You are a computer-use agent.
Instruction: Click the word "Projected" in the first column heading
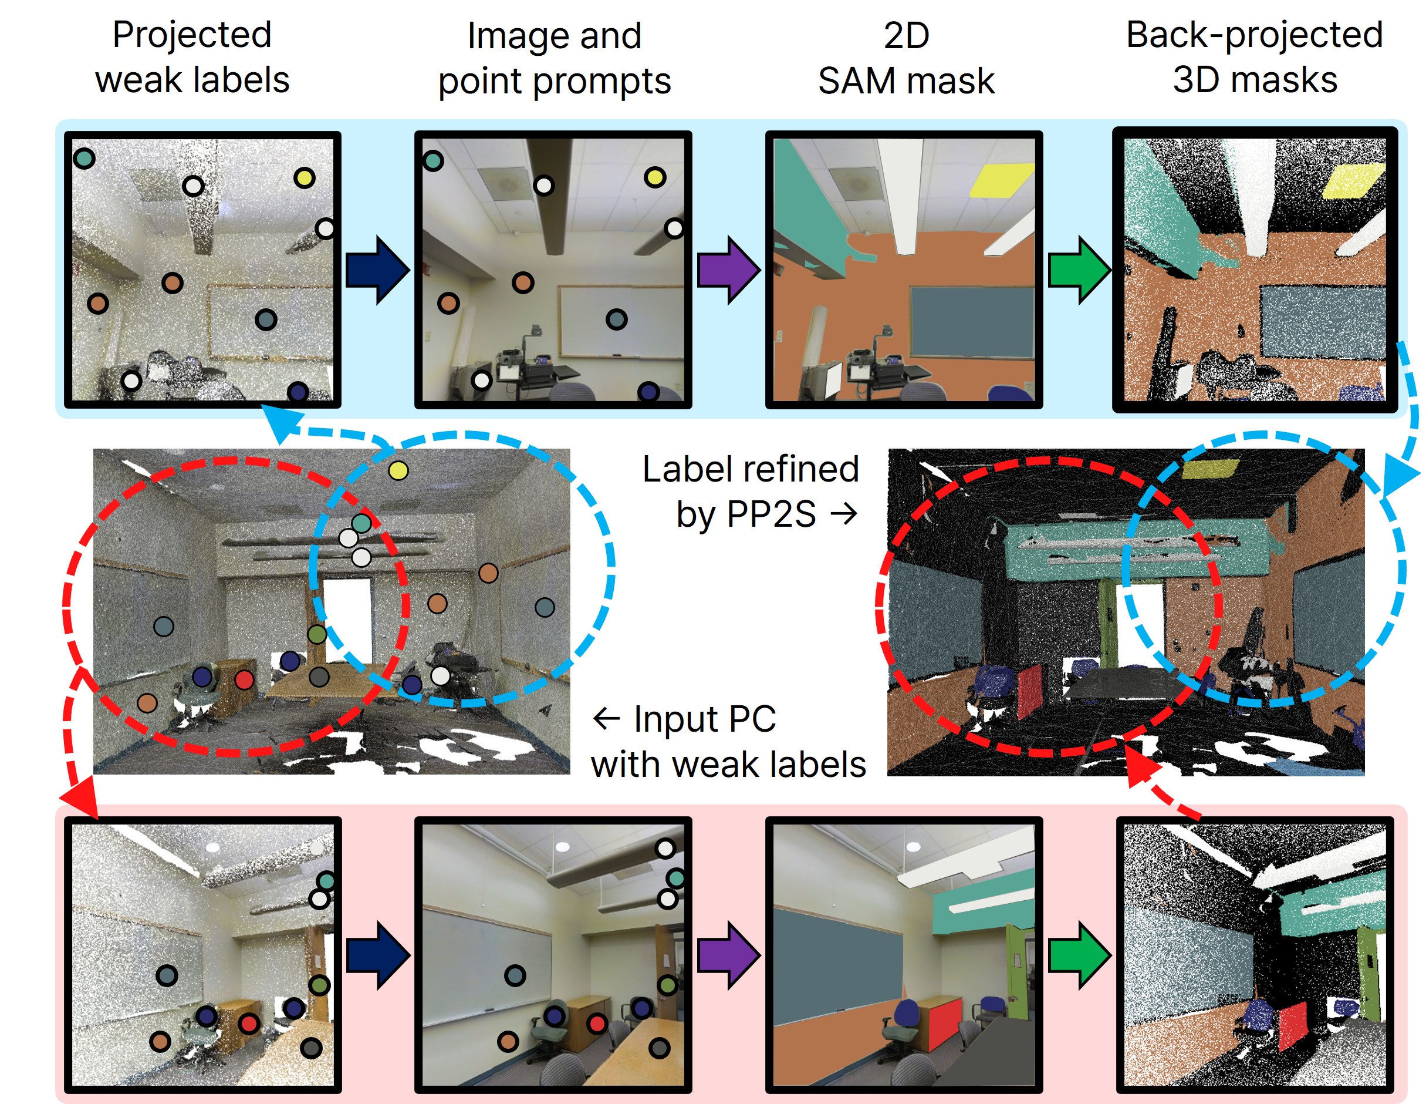191,35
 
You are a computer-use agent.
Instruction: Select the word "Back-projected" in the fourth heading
1254,35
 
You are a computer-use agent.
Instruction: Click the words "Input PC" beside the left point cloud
705,719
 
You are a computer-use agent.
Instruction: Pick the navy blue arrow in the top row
377,270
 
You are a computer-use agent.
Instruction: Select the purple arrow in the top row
728,270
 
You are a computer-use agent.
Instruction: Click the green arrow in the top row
1079,270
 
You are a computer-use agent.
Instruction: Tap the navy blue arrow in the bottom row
377,955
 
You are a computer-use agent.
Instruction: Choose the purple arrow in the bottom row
728,955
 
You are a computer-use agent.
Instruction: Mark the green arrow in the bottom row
1079,955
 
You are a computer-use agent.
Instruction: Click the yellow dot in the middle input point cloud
398,470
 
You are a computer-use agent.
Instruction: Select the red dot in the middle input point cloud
244,680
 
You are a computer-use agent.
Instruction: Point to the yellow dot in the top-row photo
655,177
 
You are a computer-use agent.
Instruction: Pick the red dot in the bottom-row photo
597,1023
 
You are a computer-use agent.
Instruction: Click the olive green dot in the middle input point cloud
317,634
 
